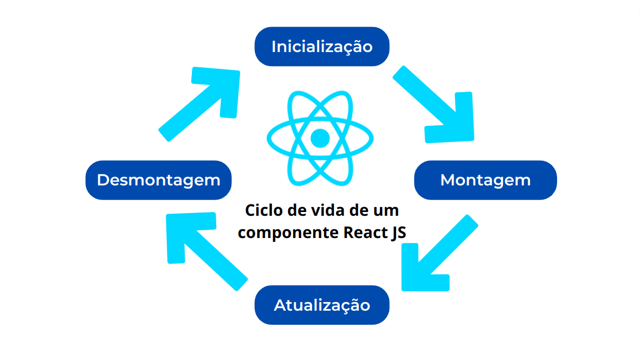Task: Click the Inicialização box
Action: [x=322, y=47]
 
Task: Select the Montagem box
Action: [x=485, y=180]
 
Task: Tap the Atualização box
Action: [x=322, y=305]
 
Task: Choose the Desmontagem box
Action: [x=158, y=180]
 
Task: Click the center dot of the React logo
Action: [x=320, y=138]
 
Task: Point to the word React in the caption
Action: [x=364, y=232]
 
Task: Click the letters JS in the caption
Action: [x=398, y=232]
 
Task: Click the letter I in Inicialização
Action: [x=274, y=47]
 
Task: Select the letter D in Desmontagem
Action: [x=103, y=180]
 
